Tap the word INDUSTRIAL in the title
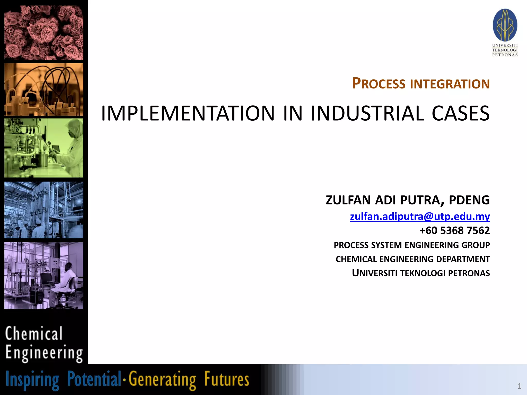point(367,113)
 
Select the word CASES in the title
point(461,113)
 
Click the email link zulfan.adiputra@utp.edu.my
point(420,217)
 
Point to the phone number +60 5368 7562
point(454,230)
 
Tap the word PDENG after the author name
point(469,200)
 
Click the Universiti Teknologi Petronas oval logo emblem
point(505,25)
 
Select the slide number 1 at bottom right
point(519,386)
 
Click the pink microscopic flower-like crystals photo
point(44,33)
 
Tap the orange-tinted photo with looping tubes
point(44,89)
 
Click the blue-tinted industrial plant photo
point(44,210)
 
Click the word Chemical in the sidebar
point(34,334)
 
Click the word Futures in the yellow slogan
point(226,379)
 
